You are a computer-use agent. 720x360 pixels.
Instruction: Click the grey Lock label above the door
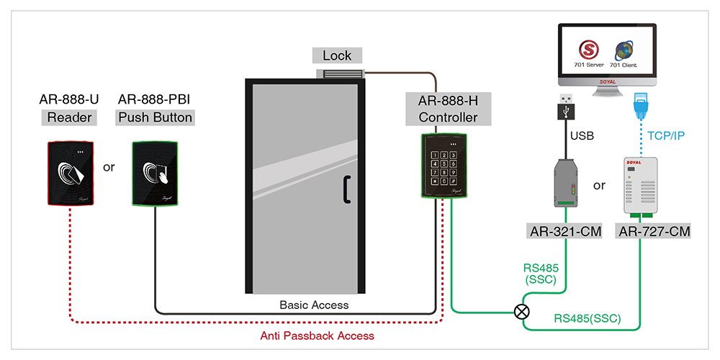click(x=337, y=55)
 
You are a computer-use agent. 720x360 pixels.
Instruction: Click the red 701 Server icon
click(x=589, y=51)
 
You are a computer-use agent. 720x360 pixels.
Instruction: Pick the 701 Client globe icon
click(x=624, y=51)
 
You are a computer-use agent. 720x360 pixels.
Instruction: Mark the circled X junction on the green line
click(x=519, y=312)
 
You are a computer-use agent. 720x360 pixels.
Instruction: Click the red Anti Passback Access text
click(x=317, y=336)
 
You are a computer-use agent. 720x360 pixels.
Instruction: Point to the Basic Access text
click(x=314, y=305)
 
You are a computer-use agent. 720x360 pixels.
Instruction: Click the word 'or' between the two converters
click(x=599, y=185)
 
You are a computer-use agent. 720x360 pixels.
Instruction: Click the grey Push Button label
click(x=156, y=117)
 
